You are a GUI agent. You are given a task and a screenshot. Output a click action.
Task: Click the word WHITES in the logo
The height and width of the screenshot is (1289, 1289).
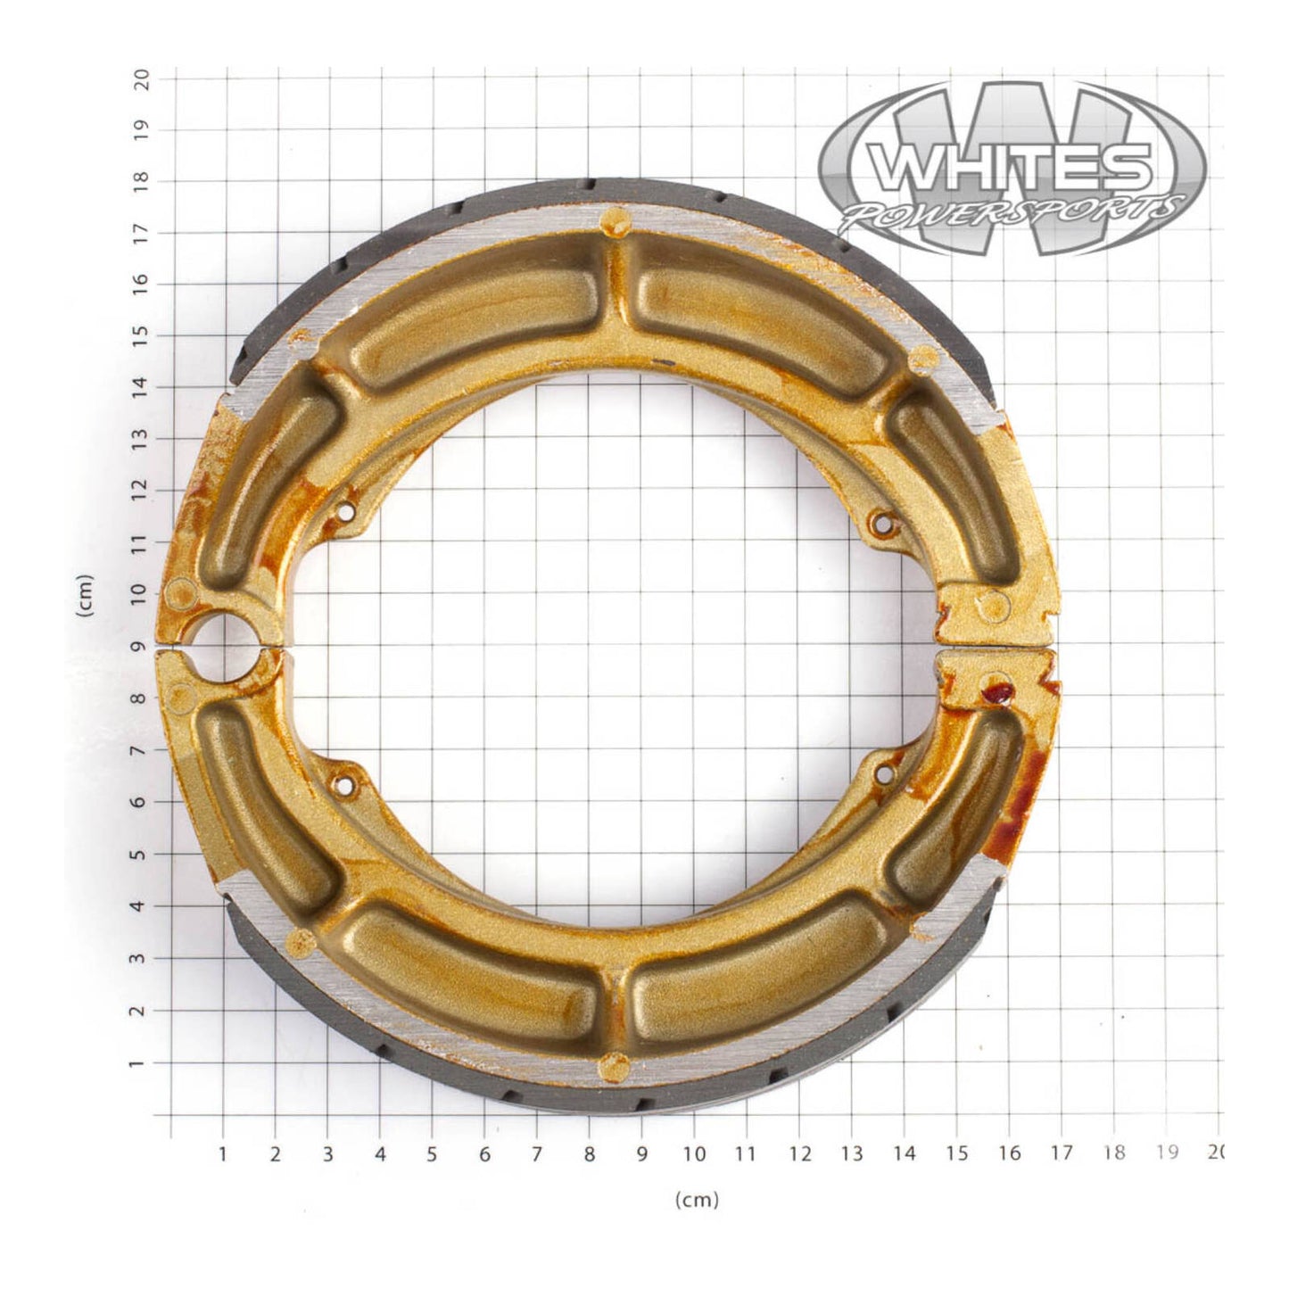1008,167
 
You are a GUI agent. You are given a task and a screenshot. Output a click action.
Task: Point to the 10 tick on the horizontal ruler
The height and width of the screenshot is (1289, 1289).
695,1153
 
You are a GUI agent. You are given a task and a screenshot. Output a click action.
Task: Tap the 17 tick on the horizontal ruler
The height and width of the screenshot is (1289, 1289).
1062,1153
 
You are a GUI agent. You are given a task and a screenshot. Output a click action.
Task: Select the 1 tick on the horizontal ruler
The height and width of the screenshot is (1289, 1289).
223,1153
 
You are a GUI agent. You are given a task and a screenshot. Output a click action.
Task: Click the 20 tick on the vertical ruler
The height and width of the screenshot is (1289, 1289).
141,78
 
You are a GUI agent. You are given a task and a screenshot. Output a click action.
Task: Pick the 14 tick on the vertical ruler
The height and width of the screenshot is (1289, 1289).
141,386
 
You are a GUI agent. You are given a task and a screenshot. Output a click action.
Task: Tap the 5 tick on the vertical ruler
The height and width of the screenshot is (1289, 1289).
141,854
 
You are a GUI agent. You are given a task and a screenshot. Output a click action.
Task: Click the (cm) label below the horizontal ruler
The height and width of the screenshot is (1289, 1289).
696,1200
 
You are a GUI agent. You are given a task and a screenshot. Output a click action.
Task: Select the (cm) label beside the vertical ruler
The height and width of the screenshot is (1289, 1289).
86,596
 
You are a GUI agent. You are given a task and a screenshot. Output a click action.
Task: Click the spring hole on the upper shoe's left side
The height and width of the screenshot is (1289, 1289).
346,511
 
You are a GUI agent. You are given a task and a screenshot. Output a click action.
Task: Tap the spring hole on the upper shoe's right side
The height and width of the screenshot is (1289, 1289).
883,524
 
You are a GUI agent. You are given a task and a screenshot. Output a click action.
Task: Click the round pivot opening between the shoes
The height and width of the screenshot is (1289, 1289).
223,644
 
